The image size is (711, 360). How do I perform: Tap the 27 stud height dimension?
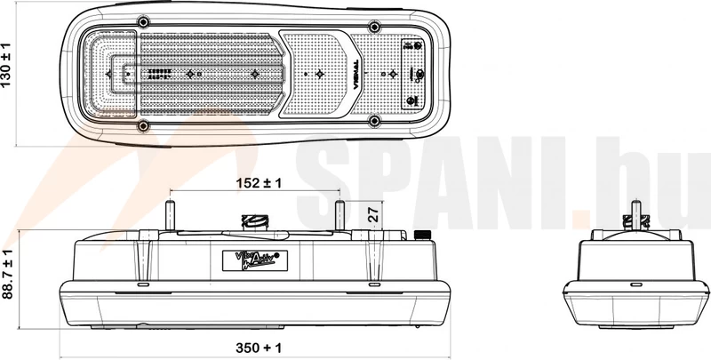(374, 214)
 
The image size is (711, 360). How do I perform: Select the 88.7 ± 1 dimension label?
(8, 276)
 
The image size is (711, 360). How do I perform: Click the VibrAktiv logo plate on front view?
(253, 260)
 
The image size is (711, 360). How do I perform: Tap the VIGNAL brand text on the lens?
(354, 70)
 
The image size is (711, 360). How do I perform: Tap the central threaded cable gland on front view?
(256, 221)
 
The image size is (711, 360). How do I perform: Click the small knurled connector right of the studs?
(418, 236)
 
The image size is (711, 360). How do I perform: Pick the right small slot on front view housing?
(373, 286)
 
